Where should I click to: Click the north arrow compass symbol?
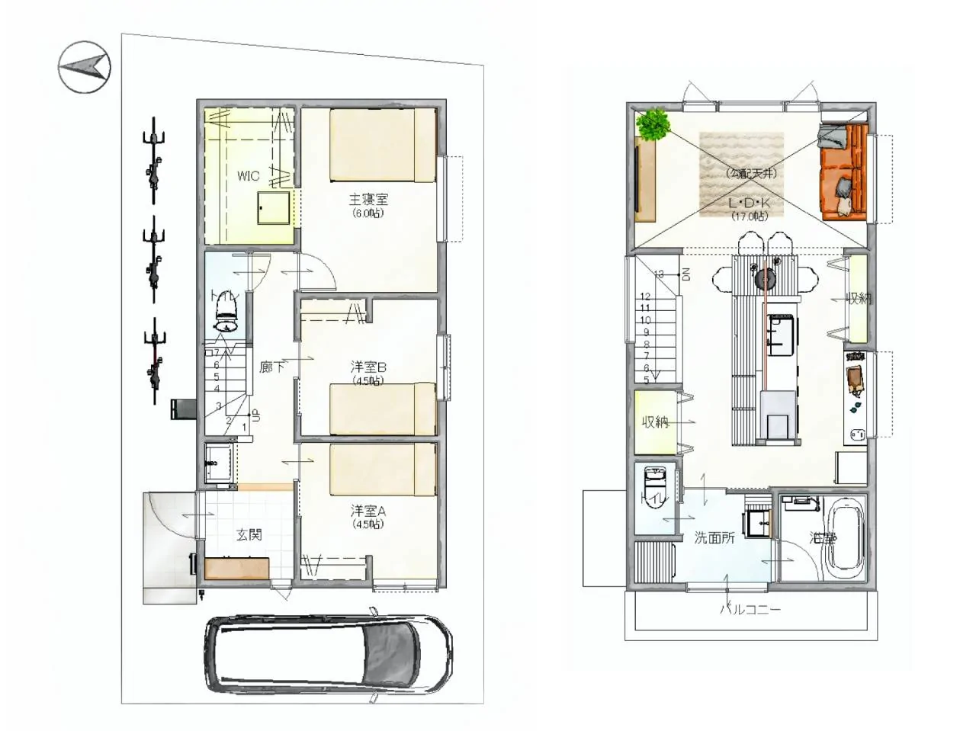(x=85, y=67)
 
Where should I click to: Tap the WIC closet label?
(x=248, y=176)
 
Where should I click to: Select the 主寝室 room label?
(x=368, y=200)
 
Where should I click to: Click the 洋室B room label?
(x=368, y=367)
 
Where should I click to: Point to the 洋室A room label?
(x=368, y=511)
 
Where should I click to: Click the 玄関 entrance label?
(x=248, y=534)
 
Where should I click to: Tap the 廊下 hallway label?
(x=272, y=367)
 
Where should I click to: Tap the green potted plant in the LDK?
(x=653, y=124)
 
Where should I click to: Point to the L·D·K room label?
(x=749, y=204)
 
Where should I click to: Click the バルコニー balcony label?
(x=750, y=609)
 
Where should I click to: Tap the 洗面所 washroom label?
(x=714, y=537)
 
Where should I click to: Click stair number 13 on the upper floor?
(x=659, y=274)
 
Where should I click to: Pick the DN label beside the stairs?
(x=686, y=274)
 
